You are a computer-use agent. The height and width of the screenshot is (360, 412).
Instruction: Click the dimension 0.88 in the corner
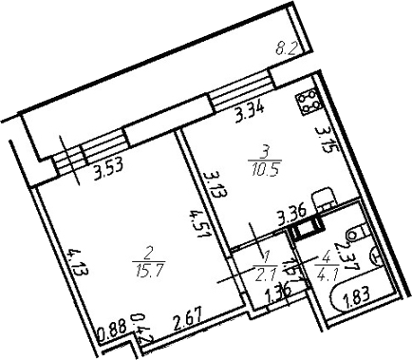pos(113,332)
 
